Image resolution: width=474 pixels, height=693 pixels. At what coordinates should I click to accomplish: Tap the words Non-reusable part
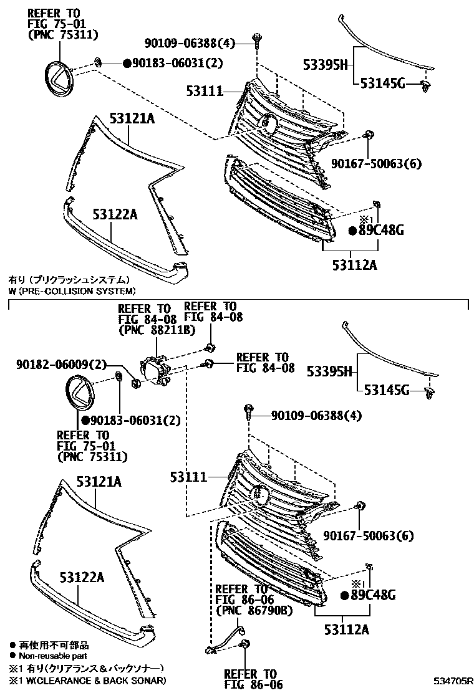tap(52, 656)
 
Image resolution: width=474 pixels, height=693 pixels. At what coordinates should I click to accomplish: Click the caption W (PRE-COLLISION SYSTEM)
tap(71, 290)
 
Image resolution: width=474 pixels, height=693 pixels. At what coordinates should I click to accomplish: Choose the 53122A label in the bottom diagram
tap(81, 577)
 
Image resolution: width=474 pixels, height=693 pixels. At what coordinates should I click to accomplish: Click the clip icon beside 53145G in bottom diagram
tap(428, 392)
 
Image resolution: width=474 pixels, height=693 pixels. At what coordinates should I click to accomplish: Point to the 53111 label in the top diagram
tap(204, 91)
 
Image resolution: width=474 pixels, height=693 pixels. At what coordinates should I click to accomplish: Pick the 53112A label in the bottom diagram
tap(346, 629)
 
